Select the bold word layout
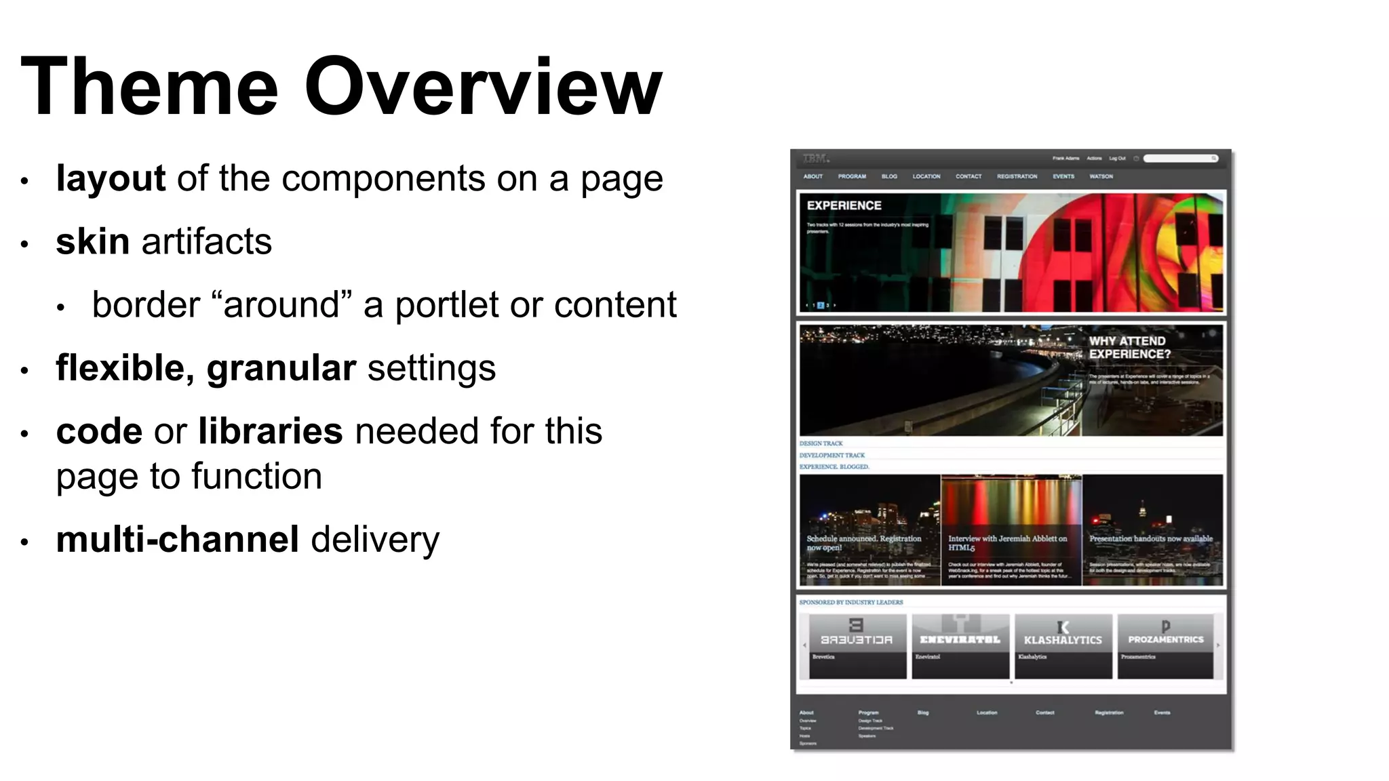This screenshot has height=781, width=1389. pyautogui.click(x=111, y=179)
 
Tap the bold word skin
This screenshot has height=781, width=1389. pyautogui.click(x=93, y=242)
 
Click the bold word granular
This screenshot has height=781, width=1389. pyautogui.click(x=281, y=368)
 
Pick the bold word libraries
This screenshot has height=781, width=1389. pyautogui.click(x=271, y=431)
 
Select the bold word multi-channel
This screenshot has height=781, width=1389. pyautogui.click(x=178, y=540)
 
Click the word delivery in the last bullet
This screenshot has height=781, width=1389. pyautogui.click(x=375, y=540)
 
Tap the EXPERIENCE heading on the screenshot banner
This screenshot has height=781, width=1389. pyautogui.click(x=844, y=205)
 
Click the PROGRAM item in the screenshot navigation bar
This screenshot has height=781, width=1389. pyautogui.click(x=852, y=176)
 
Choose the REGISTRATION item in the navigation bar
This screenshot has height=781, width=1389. pyautogui.click(x=1017, y=176)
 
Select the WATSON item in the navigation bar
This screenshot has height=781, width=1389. pyautogui.click(x=1101, y=176)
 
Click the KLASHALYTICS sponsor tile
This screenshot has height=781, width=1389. pyautogui.click(x=1063, y=645)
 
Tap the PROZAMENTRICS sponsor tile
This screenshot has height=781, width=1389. pyautogui.click(x=1165, y=645)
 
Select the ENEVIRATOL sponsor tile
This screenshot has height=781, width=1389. pyautogui.click(x=960, y=645)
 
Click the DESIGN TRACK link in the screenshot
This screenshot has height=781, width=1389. pyautogui.click(x=821, y=443)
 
